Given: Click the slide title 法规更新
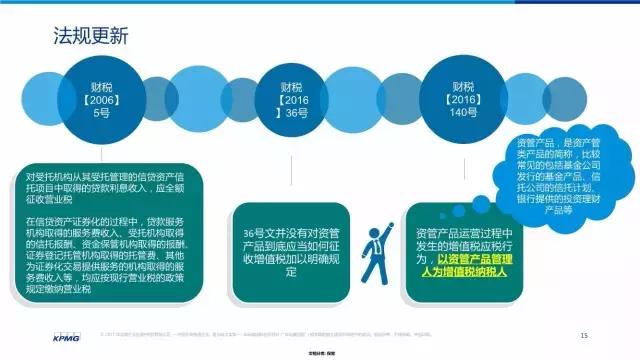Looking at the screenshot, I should [91, 38].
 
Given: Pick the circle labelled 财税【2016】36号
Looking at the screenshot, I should [291, 100].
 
